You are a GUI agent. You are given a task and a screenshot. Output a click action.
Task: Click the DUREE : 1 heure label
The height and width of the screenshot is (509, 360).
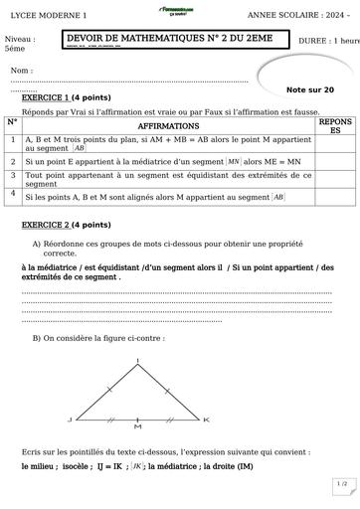pos(329,42)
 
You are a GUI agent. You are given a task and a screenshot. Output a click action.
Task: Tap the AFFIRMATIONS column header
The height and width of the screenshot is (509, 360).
pos(166,128)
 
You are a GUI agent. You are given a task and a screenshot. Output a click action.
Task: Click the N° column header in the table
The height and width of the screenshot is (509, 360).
pos(11,122)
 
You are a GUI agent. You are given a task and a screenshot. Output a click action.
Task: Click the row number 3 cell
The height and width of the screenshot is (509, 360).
pos(11,174)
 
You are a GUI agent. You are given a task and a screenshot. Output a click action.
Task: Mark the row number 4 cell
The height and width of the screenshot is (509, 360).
pos(11,196)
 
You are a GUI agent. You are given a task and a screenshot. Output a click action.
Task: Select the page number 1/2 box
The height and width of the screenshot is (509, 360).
pos(341,484)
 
